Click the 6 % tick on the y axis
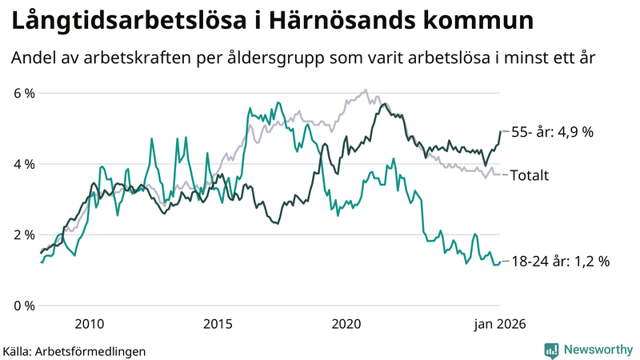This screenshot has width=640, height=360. pyautogui.click(x=24, y=93)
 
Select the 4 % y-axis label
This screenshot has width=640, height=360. pyautogui.click(x=24, y=164)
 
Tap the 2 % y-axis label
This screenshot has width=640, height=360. pyautogui.click(x=24, y=234)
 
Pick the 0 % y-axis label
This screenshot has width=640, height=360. pyautogui.click(x=24, y=306)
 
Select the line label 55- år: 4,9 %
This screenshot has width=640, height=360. pyautogui.click(x=551, y=131)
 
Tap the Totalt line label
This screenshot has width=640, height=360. pyautogui.click(x=529, y=174)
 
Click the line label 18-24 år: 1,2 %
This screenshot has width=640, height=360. pyautogui.click(x=560, y=262)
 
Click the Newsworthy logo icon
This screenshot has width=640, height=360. pyautogui.click(x=551, y=350)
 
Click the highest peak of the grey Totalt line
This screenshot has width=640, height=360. pyautogui.click(x=366, y=90)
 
